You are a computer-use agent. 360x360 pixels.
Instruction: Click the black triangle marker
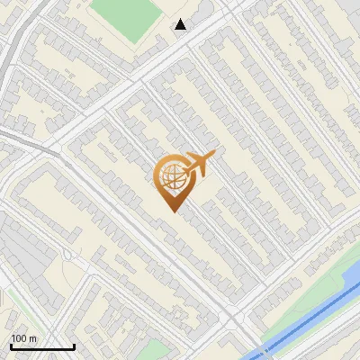click(x=181, y=24)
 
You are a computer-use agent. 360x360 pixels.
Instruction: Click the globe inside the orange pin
click(x=171, y=176)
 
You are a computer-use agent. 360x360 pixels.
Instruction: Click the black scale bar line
click(x=42, y=346)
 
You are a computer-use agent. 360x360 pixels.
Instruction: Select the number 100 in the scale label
click(x=19, y=338)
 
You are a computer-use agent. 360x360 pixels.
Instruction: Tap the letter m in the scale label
click(x=32, y=338)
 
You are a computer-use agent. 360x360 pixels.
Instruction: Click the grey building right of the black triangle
click(x=205, y=11)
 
